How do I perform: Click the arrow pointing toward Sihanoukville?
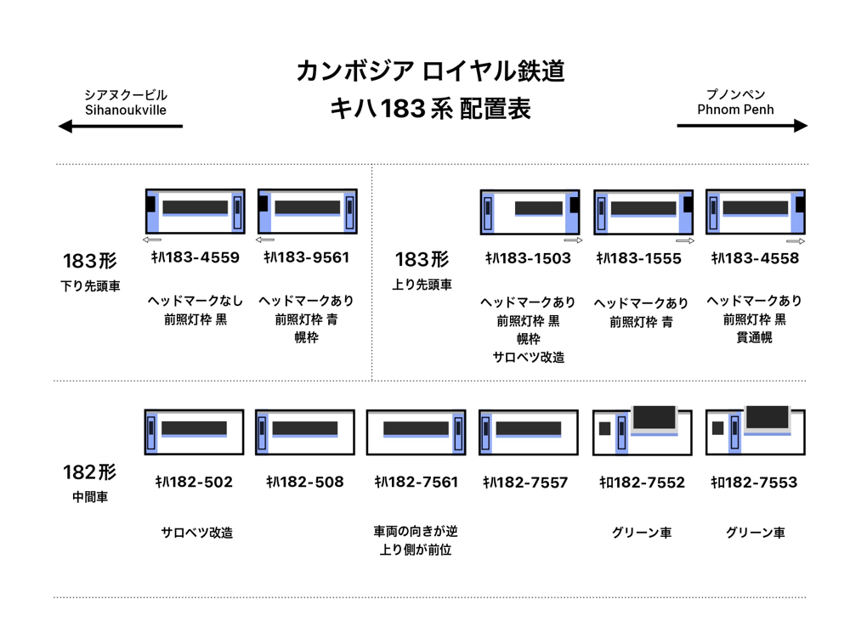120,127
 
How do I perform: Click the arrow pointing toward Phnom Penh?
741,126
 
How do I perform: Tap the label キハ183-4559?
195,257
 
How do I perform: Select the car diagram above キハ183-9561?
307,211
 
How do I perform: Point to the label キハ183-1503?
528,258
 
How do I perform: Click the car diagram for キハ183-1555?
643,212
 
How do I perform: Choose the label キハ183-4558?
755,258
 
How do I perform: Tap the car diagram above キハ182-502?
194,432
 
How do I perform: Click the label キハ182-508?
304,482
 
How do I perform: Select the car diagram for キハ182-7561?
416,432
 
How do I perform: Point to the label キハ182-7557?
525,483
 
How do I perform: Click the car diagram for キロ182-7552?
642,430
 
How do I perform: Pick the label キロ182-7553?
754,483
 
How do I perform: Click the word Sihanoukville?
126,110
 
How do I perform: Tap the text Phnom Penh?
735,110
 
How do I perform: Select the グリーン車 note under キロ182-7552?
642,533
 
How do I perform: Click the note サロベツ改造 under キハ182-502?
196,533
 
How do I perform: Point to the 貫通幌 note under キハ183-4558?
754,338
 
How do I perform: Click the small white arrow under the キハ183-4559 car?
152,240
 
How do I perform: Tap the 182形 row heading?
89,472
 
